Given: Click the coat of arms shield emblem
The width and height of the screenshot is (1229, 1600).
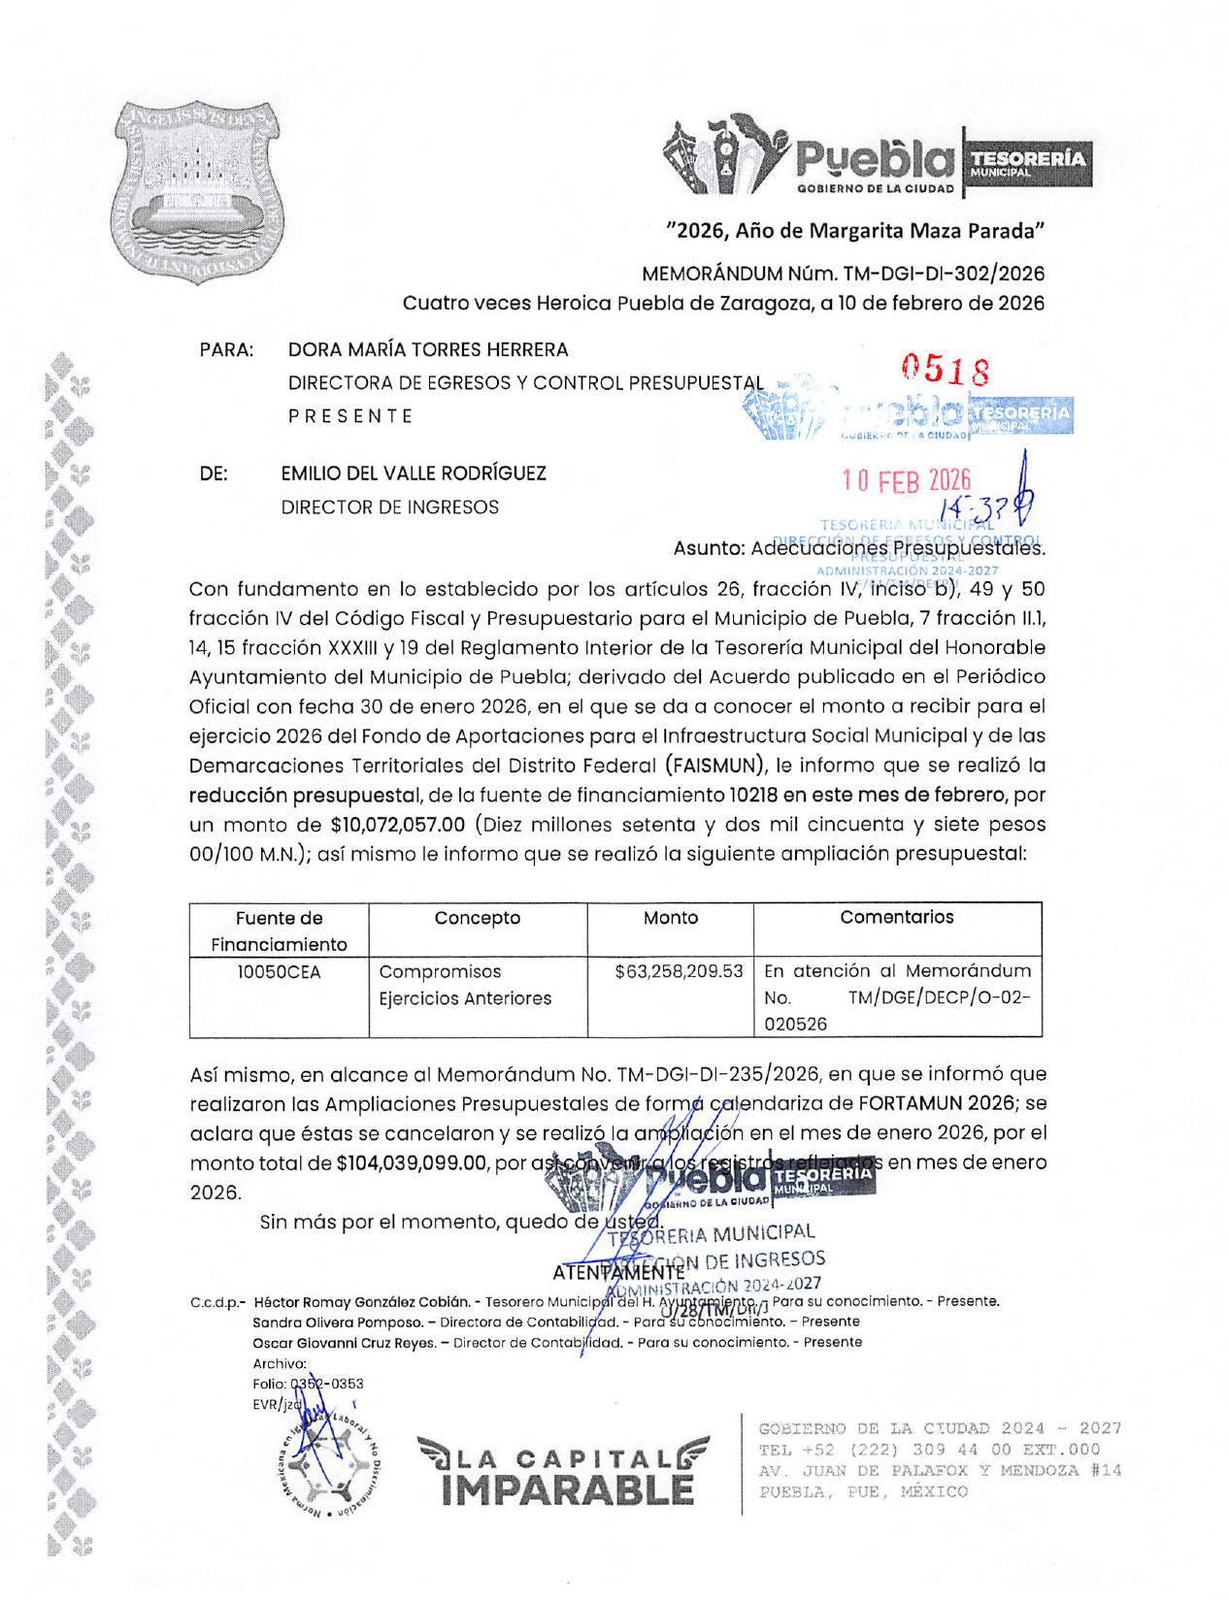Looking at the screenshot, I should tap(198, 192).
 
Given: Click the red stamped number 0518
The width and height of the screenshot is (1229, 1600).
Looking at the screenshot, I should tap(945, 370).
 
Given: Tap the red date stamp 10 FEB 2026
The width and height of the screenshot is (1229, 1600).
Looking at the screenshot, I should tap(906, 480).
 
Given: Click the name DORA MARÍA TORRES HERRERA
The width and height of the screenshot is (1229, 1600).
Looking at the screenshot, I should tap(428, 349).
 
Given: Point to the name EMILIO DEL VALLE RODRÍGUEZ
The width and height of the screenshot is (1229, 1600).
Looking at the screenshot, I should tap(414, 473).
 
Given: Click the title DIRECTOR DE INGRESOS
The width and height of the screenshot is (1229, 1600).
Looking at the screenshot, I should tap(389, 507).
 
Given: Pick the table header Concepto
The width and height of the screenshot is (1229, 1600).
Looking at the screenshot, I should tap(477, 918).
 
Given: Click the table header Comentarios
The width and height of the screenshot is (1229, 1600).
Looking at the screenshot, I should tap(896, 917).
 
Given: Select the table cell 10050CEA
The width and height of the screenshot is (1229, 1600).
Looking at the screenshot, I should tap(279, 972).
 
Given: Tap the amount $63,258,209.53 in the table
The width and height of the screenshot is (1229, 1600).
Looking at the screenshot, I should tap(679, 971).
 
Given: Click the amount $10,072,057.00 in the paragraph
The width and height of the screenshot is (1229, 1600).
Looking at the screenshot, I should tap(398, 826).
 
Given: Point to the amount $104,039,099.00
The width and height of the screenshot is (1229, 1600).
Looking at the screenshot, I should tap(411, 1163).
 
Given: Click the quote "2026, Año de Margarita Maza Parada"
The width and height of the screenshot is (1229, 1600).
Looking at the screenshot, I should tap(854, 231).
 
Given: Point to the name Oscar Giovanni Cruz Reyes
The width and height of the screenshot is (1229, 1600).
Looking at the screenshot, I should tap(343, 1343).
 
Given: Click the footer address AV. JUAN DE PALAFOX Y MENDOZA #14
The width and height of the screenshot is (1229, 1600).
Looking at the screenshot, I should tap(939, 1471).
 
